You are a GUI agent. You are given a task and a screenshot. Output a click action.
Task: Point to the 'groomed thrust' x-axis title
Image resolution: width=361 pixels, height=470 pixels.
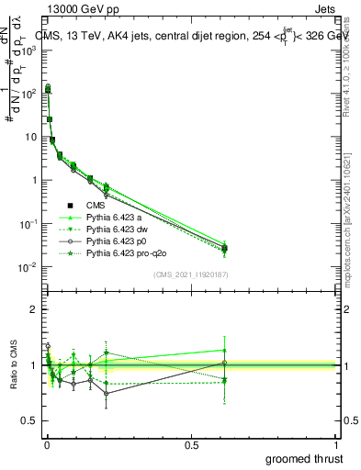(306, 457)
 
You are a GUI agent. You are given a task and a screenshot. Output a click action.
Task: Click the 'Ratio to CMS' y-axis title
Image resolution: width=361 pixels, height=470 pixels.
(14, 364)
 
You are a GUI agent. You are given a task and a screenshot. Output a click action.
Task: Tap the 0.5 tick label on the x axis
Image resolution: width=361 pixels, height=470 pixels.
(191, 443)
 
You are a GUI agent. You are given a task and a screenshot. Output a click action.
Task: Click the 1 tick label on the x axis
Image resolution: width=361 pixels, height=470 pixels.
(336, 443)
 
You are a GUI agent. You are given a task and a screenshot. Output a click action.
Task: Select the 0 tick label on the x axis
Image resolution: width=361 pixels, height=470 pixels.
(46, 443)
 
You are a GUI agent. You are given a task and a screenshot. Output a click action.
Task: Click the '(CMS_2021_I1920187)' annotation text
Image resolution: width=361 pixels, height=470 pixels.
(190, 274)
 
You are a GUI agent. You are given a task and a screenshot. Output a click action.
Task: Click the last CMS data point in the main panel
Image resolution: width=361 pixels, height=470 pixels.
(225, 248)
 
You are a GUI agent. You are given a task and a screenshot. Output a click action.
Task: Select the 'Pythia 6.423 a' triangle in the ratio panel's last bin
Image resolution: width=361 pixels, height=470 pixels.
(225, 350)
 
